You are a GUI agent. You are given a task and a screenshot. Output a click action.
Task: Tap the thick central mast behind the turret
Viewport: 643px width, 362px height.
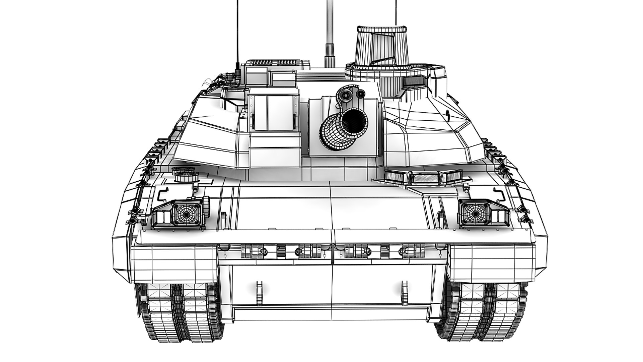330,37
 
